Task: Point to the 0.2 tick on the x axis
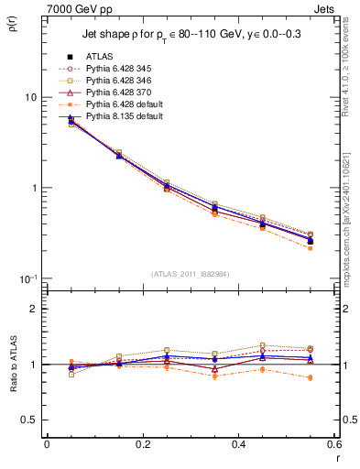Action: point(142,444)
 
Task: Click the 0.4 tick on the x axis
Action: point(238,444)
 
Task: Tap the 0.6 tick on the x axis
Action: point(333,444)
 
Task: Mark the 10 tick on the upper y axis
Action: point(30,98)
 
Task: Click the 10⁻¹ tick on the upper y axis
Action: point(27,278)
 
